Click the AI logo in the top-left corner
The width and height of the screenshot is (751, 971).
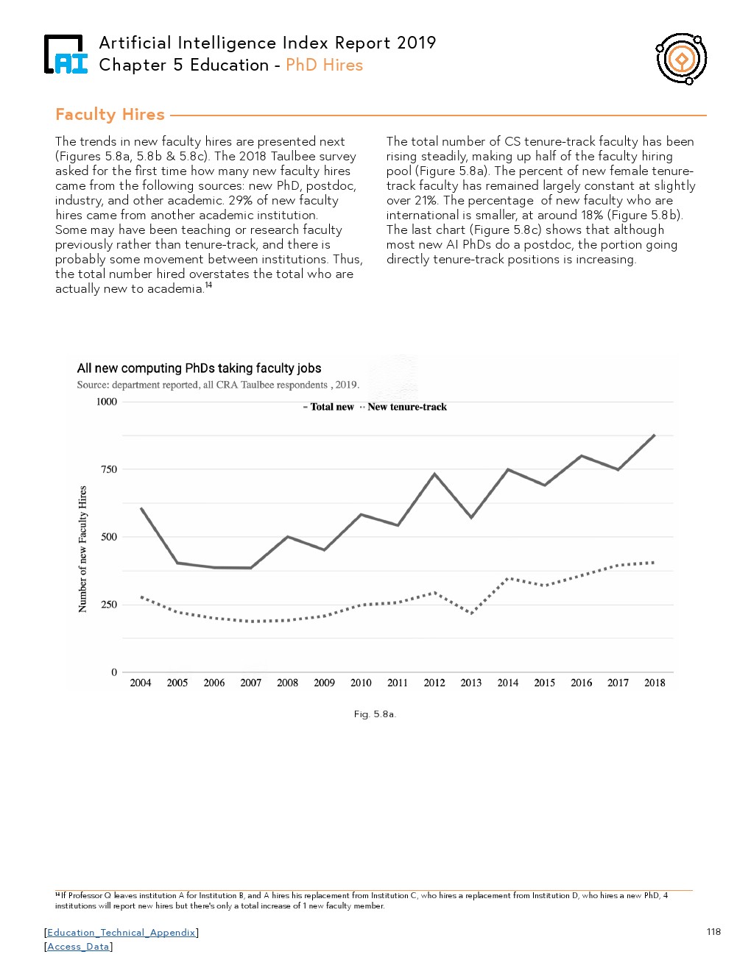click(65, 54)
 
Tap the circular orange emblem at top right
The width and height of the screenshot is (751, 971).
click(682, 59)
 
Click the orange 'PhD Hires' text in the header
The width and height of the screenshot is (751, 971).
click(324, 65)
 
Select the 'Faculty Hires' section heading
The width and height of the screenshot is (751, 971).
click(110, 114)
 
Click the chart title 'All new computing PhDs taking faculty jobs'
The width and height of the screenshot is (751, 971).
click(199, 369)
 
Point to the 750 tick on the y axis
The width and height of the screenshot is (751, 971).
click(109, 469)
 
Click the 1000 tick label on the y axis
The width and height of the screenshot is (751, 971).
click(107, 402)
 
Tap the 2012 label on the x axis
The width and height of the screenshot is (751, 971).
click(434, 683)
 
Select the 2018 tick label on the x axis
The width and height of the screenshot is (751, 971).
click(655, 683)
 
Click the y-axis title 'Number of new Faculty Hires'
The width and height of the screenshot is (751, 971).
click(82, 549)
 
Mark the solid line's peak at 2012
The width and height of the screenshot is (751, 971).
click(434, 474)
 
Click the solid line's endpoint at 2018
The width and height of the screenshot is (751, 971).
click(655, 435)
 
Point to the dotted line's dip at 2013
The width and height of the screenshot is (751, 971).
click(471, 613)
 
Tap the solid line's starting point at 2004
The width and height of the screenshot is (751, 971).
click(141, 508)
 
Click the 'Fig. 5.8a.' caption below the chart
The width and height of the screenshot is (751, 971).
click(375, 714)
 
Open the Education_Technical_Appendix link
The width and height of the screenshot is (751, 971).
click(121, 933)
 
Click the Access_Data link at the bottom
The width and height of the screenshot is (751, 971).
click(78, 947)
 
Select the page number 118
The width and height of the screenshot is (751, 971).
click(713, 932)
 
